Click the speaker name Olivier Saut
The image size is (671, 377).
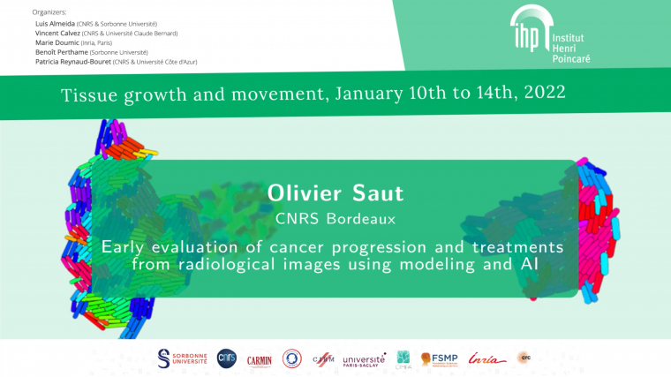point(335,192)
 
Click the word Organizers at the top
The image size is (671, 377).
point(49,12)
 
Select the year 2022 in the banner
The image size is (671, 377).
point(540,92)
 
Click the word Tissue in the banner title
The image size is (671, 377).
point(87,93)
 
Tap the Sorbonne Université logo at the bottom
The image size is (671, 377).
point(182,358)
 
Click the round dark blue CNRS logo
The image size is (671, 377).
point(227,358)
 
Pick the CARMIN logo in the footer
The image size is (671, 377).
point(259,358)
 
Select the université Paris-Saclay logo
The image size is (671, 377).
point(364,359)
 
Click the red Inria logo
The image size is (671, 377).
point(487,358)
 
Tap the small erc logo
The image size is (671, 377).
point(524,357)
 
